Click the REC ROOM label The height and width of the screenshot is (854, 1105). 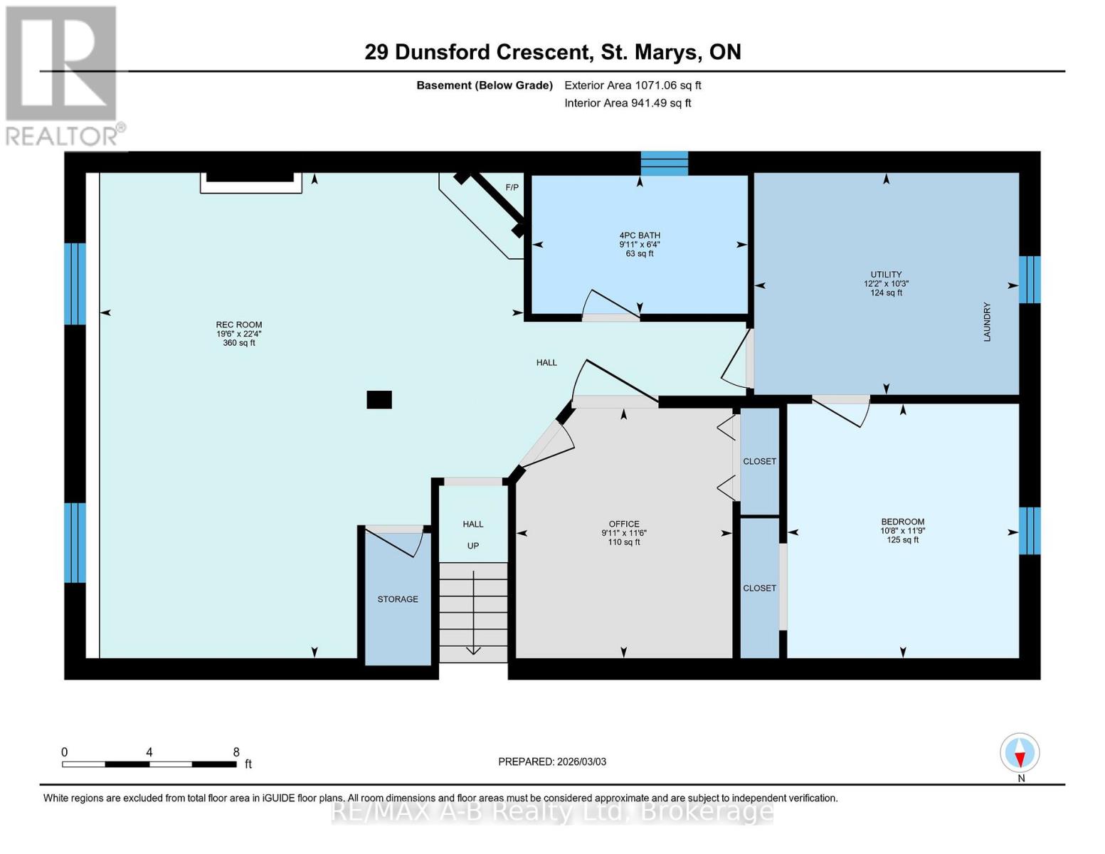pos(239,325)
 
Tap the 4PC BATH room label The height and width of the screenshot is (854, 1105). pos(639,236)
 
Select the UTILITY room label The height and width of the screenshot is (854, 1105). pos(886,274)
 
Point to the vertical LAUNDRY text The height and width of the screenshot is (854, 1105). pos(987,322)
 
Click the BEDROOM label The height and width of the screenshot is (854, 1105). pos(902,522)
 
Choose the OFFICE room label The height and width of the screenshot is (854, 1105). pos(623,524)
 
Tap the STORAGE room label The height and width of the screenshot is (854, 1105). pos(398,599)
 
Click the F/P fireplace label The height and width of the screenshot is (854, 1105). pos(512,187)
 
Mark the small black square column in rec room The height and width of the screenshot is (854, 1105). pos(379,399)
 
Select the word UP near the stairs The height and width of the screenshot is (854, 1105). pos(473,546)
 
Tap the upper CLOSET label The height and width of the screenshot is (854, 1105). pos(759,461)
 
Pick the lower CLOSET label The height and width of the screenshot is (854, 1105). pos(759,588)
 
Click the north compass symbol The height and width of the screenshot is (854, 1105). pos(1020,753)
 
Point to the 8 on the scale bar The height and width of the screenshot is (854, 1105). pos(236,752)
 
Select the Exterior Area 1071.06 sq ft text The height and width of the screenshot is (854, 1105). pos(633,85)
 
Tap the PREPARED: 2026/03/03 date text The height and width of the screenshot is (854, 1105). pos(552,761)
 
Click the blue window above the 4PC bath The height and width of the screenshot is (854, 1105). pos(664,163)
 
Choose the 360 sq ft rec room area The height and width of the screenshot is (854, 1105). pos(239,343)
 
